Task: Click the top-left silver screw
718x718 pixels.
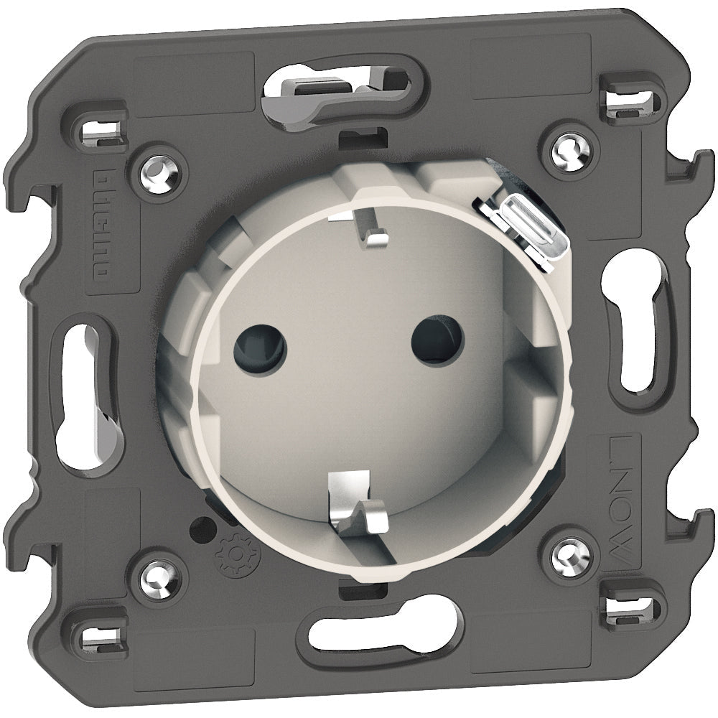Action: tap(159, 172)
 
